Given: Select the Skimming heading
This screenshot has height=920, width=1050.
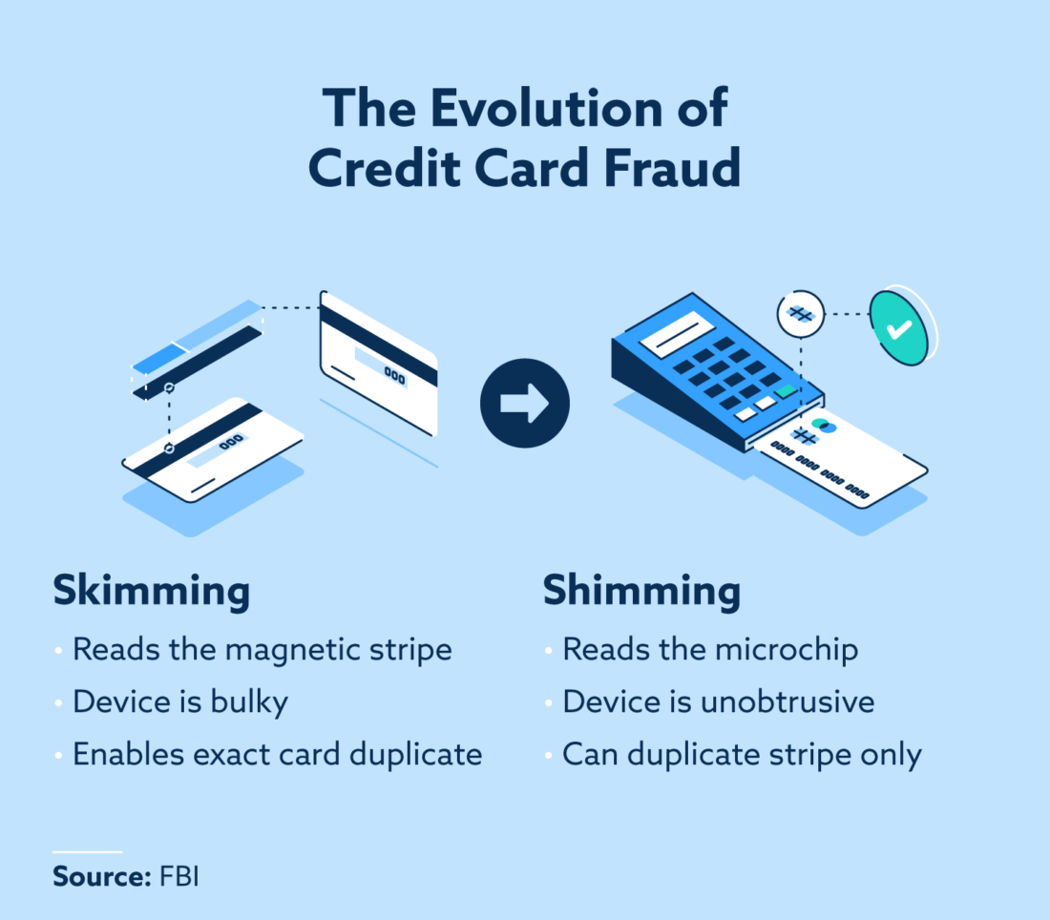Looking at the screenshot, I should point(151,592).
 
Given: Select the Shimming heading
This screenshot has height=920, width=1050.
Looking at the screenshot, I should point(641,592).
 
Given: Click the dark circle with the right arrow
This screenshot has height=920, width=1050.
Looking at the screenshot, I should point(524,403).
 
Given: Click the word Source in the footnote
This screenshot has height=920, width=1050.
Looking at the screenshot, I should point(96,877).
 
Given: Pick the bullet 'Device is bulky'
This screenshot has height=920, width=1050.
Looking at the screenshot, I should point(180,702).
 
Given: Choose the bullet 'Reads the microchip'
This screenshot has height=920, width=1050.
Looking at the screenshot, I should point(710,650).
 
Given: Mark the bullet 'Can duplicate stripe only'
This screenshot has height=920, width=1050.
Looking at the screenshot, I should point(742,755).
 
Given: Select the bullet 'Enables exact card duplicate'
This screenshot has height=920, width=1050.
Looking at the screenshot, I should point(277,755).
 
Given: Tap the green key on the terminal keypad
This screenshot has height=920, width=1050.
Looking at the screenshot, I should point(786,391).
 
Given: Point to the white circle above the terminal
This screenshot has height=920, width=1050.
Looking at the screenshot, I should point(800,314).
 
